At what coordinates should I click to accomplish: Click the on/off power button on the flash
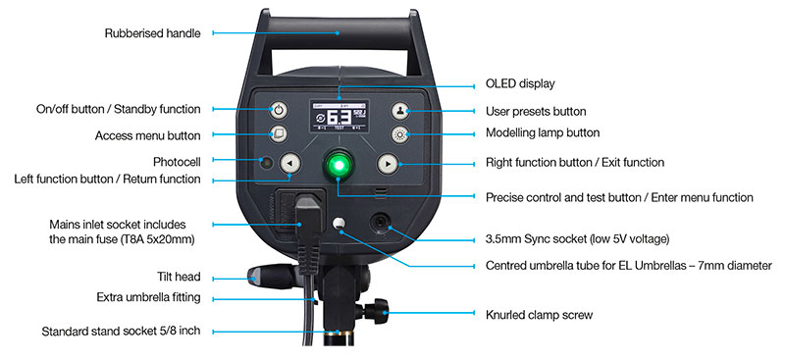click(279, 110)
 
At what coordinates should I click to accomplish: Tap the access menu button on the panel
click(279, 134)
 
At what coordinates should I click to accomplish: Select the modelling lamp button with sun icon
click(400, 134)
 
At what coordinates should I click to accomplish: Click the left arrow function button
click(289, 163)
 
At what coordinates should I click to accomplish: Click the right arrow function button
click(388, 163)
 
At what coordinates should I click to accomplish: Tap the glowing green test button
click(339, 164)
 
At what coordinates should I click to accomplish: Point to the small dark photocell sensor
click(266, 163)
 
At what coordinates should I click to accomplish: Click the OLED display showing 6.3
click(340, 116)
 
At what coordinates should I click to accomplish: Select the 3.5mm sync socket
click(381, 223)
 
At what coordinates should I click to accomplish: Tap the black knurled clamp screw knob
click(377, 311)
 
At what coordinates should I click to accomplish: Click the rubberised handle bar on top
click(339, 33)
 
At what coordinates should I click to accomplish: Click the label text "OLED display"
click(520, 83)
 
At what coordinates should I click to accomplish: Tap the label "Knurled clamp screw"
click(539, 315)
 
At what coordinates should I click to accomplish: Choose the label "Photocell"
click(177, 162)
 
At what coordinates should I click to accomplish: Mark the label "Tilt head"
click(179, 277)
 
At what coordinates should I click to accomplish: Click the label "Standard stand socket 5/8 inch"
click(121, 331)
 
